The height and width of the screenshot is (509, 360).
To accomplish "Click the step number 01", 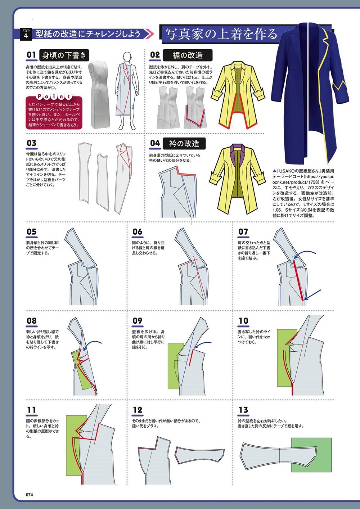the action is [31, 55].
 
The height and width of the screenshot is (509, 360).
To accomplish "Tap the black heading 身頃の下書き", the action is [64, 55].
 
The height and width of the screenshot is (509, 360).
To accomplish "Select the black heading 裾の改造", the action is [188, 55].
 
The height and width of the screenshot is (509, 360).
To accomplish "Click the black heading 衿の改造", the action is [184, 143].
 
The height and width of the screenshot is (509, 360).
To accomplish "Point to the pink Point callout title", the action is [54, 96].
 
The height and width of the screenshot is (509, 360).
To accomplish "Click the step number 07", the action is [243, 232].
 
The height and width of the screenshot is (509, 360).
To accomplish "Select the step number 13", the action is [243, 415].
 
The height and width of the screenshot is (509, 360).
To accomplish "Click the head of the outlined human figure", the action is [127, 57].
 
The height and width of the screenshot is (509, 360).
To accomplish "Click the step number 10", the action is [243, 321].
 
